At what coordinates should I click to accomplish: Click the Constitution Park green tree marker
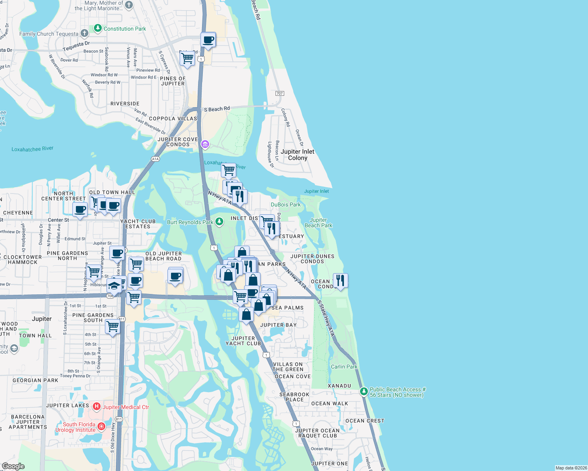(x=98, y=28)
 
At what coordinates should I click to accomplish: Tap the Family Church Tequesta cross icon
(x=84, y=33)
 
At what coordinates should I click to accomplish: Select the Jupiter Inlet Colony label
(x=298, y=155)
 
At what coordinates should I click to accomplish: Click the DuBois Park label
(x=285, y=204)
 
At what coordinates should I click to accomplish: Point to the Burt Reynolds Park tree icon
(x=219, y=222)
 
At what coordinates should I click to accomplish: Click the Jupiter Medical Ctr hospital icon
(x=97, y=407)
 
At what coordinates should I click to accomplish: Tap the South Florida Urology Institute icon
(x=101, y=426)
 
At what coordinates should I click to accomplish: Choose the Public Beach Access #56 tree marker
(x=364, y=391)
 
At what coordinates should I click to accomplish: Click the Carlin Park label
(x=344, y=367)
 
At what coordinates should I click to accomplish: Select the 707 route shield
(x=279, y=93)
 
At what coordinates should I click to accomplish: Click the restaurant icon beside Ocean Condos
(x=340, y=280)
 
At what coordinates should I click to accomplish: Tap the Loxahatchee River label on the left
(x=32, y=149)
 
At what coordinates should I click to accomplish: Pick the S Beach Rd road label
(x=217, y=109)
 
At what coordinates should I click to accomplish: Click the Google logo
(x=13, y=466)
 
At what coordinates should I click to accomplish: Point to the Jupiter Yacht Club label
(x=243, y=341)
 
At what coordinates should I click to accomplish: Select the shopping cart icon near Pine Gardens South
(x=113, y=326)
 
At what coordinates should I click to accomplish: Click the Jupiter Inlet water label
(x=316, y=191)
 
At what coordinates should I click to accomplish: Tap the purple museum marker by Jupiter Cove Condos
(x=205, y=144)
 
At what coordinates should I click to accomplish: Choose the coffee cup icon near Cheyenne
(x=80, y=209)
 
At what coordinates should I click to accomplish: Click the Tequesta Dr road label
(x=76, y=46)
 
